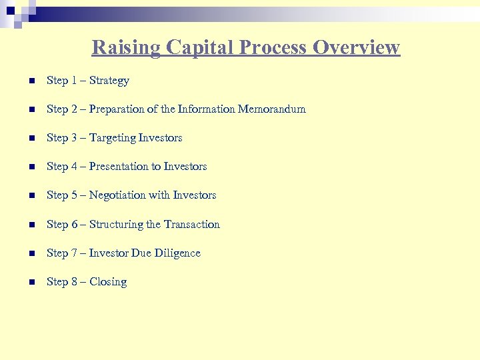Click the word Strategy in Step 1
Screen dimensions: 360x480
click(x=109, y=81)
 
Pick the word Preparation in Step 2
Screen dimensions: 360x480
click(x=118, y=109)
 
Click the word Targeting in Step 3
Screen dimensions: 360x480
click(x=112, y=138)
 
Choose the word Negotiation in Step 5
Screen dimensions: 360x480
click(x=117, y=195)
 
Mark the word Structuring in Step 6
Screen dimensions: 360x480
click(x=117, y=225)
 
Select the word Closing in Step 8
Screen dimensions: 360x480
click(x=108, y=282)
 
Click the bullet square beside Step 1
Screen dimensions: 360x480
click(x=31, y=81)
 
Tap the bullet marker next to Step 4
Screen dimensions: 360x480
click(x=31, y=167)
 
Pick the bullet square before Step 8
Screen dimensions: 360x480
click(x=31, y=283)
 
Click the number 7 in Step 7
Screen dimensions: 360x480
click(x=74, y=253)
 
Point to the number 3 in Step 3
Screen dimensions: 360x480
click(x=74, y=138)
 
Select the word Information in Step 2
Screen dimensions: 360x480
click(x=205, y=109)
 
